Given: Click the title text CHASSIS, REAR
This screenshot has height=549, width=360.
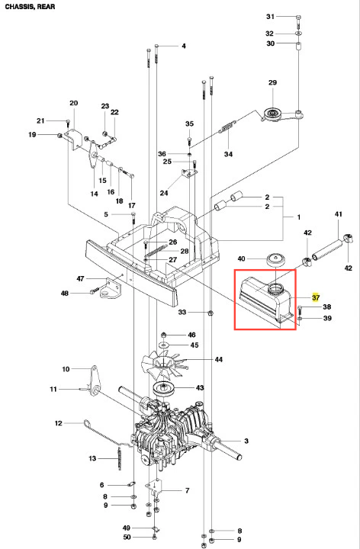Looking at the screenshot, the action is point(30,7).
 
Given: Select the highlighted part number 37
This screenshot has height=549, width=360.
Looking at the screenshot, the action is point(316,297).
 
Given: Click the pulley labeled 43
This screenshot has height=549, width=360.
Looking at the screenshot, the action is point(164,388).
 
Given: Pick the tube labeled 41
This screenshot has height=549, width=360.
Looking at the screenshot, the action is point(326,250).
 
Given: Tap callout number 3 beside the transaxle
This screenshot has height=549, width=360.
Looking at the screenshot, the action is point(246,441).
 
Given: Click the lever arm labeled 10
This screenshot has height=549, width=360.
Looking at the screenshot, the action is point(95,380).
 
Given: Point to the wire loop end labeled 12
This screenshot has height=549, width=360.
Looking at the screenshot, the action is point(86,424).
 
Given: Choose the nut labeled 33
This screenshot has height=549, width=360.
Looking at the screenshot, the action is point(210,312).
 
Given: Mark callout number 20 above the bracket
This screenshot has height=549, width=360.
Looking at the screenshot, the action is point(73,103).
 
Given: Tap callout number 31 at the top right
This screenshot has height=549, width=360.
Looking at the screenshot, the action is point(270,17).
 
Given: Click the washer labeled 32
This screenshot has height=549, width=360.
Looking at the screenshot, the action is point(298,34).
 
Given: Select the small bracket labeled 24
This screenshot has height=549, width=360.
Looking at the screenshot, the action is point(189,173).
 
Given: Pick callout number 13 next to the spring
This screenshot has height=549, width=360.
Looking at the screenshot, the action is point(92,458).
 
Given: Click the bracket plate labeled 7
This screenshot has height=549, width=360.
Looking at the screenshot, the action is point(154,486).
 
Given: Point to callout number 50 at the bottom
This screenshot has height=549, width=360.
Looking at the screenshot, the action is point(127,537).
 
